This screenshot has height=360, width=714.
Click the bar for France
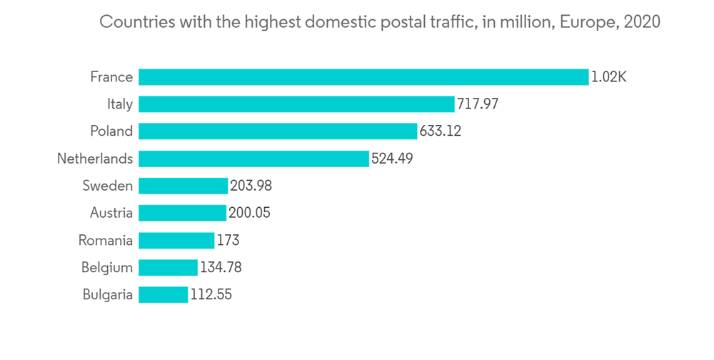[x=363, y=77]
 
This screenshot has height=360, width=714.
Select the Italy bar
[x=296, y=104]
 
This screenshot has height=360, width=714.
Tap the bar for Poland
[x=278, y=131]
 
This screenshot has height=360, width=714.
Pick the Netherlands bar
[x=253, y=159]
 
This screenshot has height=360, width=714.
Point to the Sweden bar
[x=183, y=186]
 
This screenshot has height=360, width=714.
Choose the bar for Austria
[x=182, y=213]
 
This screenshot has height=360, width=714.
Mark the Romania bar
[x=176, y=240]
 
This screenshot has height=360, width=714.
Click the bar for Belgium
[x=168, y=267]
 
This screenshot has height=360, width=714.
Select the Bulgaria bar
[x=164, y=294]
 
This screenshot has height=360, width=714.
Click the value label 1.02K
[x=608, y=77]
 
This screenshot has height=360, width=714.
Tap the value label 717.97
[x=478, y=104]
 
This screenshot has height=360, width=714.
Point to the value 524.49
[x=392, y=159]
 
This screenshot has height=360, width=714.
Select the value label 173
[x=228, y=240]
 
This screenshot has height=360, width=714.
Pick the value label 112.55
[x=211, y=294]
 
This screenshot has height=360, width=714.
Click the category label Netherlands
[x=95, y=159]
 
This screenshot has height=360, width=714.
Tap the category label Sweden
[x=107, y=186]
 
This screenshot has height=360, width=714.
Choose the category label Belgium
[x=106, y=267]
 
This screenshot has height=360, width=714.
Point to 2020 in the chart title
[x=642, y=22]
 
